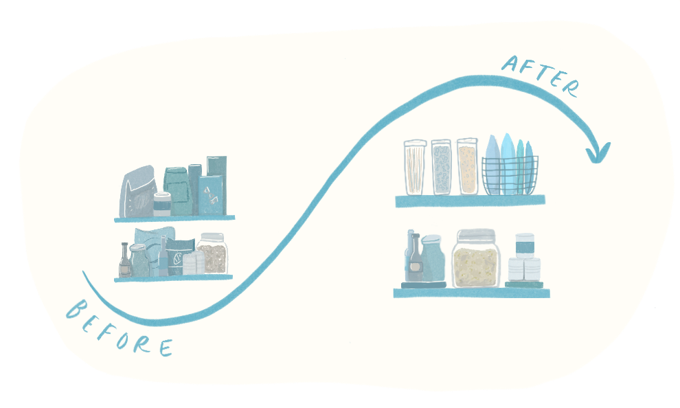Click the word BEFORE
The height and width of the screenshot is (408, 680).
click(118, 328)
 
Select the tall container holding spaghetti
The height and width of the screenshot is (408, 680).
click(415, 167)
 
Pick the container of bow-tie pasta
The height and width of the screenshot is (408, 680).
click(441, 167)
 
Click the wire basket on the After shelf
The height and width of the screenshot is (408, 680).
click(510, 175)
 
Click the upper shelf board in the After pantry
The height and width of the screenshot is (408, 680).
click(470, 201)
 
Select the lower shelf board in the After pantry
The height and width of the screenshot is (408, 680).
click(471, 293)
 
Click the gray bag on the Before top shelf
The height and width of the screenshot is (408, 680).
click(137, 193)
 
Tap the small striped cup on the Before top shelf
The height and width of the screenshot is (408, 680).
click(162, 204)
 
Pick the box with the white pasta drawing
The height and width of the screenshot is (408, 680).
click(210, 195)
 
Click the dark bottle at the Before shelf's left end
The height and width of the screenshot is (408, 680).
click(124, 261)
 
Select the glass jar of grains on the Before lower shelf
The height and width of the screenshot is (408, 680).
click(212, 255)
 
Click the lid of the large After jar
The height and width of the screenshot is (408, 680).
click(476, 235)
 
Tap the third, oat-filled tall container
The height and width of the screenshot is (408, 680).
click(467, 166)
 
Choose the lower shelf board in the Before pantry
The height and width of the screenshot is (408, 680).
click(173, 278)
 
